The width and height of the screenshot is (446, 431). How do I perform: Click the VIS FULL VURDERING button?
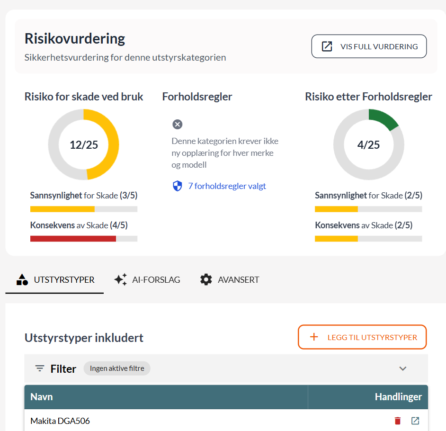[x=369, y=46]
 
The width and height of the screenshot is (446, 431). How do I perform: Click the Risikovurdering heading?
[x=75, y=38]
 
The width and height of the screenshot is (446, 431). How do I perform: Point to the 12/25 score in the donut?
[x=84, y=144]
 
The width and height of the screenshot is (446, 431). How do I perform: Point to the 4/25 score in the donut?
[x=368, y=144]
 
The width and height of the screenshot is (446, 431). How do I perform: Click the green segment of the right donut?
[x=385, y=118]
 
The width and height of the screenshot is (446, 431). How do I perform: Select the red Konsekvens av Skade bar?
[x=73, y=239]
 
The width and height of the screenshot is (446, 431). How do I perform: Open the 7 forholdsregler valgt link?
[x=227, y=186]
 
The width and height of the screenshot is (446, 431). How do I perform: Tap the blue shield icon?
[x=178, y=186]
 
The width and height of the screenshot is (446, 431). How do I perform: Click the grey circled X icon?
[x=178, y=125]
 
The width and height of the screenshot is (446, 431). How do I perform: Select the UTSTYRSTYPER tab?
[x=55, y=279]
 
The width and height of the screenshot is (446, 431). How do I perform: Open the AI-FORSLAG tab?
[x=147, y=279]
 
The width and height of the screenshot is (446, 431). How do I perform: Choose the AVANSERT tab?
[x=230, y=279]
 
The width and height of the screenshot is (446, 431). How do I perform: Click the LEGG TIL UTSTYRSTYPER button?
[x=362, y=337]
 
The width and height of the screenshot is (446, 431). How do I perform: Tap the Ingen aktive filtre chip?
[x=117, y=368]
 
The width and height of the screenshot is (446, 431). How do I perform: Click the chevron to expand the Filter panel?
[x=403, y=368]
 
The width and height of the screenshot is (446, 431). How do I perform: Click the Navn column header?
[x=42, y=397]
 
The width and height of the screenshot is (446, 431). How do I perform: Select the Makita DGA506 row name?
[x=60, y=421]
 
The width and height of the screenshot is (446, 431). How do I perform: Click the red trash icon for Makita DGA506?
[x=398, y=421]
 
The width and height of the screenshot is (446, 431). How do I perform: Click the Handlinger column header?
[x=398, y=397]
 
